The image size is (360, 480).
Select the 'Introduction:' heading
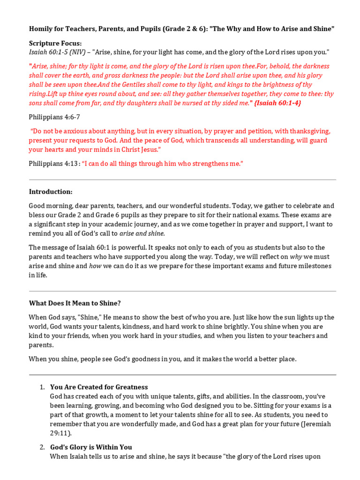51,192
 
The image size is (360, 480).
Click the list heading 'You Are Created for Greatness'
99,387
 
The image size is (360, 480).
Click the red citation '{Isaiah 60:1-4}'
277,103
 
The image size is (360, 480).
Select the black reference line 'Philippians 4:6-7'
54,117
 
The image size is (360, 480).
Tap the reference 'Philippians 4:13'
53,164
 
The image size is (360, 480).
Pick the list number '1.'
42,387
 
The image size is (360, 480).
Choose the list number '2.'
42,447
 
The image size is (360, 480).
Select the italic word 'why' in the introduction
296,257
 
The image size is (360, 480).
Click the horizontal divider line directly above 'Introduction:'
182,180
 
